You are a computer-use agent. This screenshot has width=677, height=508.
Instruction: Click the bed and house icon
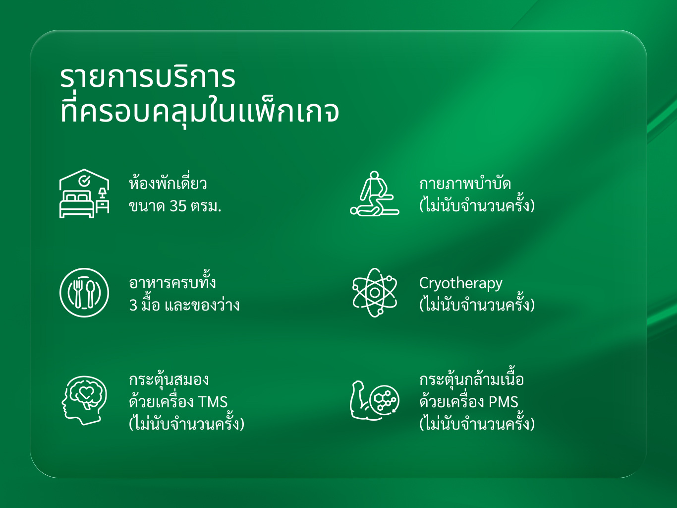[x=84, y=193]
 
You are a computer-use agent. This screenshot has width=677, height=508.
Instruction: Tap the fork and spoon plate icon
[x=84, y=293]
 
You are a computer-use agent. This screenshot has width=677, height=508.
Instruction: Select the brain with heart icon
[x=84, y=400]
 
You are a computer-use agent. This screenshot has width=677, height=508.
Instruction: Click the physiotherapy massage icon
[x=375, y=193]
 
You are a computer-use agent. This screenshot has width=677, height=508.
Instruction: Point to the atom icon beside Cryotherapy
[x=375, y=293]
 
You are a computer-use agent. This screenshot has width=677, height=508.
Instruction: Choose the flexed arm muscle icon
[x=375, y=400]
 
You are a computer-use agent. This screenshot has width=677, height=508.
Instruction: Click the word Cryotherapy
[x=460, y=284]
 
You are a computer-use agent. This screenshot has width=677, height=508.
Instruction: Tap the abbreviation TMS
[x=213, y=402]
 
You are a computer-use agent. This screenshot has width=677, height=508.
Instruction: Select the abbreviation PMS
[x=504, y=402]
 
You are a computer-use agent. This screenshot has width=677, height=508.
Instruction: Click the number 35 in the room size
[x=178, y=206]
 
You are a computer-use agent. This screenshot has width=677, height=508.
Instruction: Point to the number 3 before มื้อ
[x=133, y=305]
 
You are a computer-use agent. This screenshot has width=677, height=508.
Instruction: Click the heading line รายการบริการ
[x=148, y=77]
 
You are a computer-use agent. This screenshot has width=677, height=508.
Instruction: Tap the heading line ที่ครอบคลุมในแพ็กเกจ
[x=200, y=112]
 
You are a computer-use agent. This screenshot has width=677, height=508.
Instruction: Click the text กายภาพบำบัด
[x=465, y=184]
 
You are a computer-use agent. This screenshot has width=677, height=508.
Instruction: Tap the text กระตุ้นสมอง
[x=169, y=380]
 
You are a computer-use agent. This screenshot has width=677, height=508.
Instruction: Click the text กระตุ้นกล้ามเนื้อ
[x=471, y=380]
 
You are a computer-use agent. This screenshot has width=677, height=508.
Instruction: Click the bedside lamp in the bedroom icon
[x=103, y=193]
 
